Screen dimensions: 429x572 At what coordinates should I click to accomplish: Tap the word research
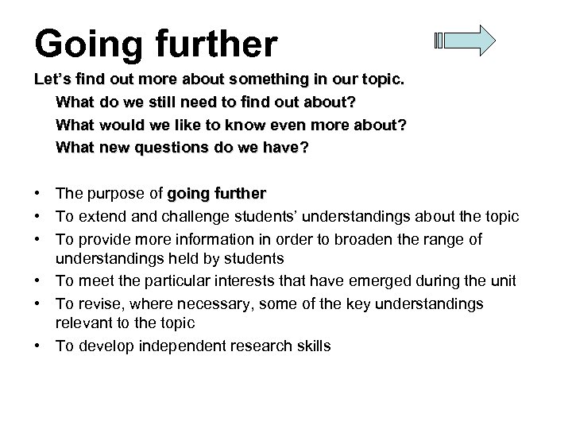coord(256,346)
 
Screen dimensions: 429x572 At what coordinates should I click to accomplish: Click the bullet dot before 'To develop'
coord(38,346)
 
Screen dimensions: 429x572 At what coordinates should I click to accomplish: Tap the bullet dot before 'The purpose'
coord(38,194)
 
